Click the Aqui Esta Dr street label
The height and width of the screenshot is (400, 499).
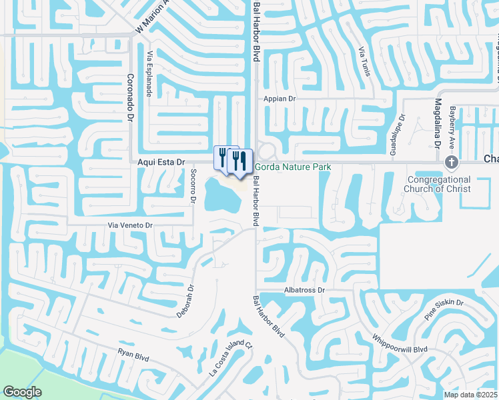[x=160, y=162]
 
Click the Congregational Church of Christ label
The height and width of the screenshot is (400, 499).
[x=437, y=184]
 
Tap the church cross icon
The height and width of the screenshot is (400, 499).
[x=451, y=163]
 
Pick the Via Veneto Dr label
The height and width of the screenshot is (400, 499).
[x=131, y=226]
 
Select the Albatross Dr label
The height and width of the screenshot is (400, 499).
[x=304, y=291]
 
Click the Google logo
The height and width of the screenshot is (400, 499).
[x=22, y=392]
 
